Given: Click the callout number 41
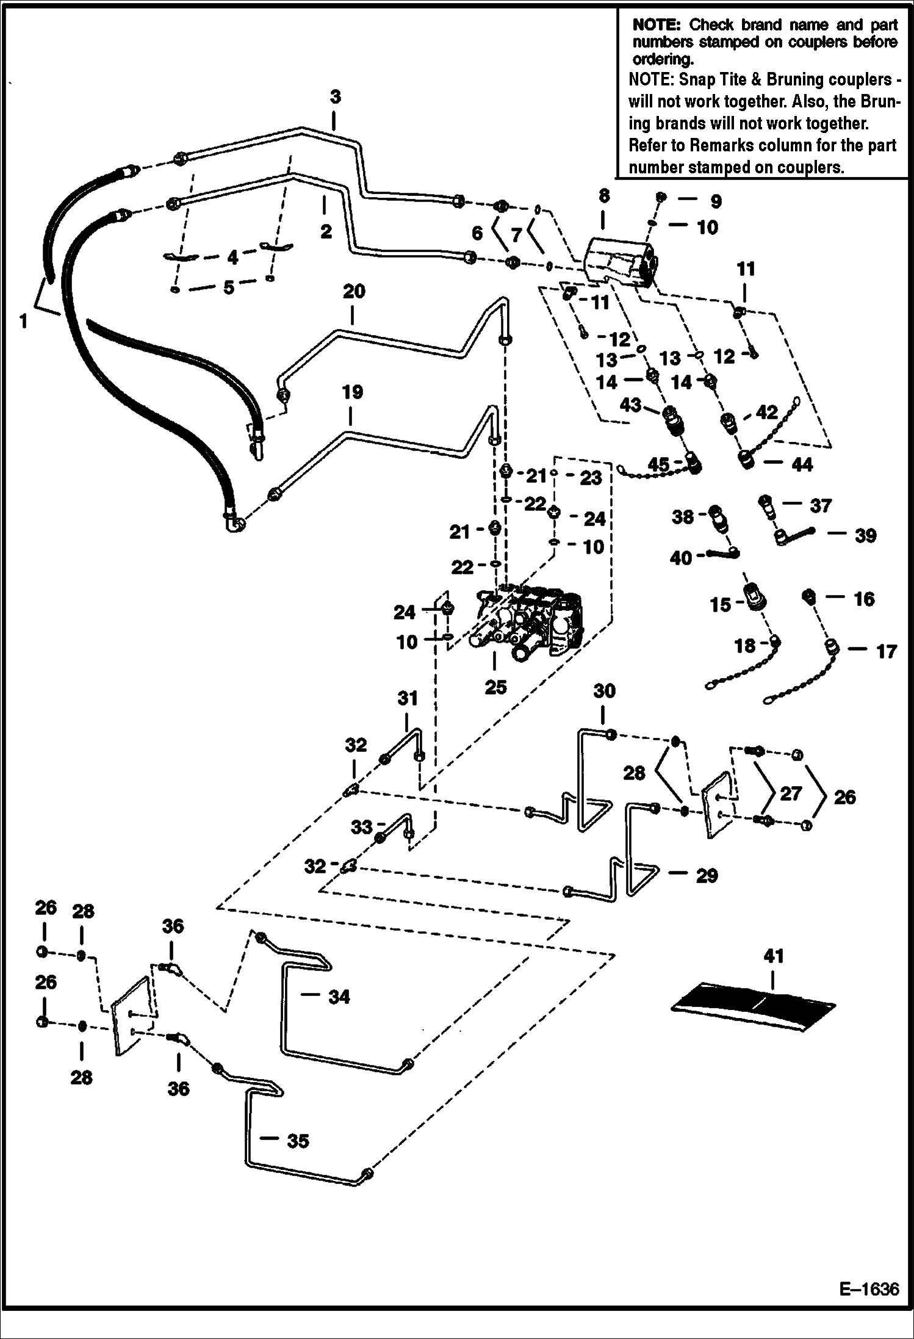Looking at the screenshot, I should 773,956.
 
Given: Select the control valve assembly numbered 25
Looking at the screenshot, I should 528,626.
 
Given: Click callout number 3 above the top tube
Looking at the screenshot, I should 335,97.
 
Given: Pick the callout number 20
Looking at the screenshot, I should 354,291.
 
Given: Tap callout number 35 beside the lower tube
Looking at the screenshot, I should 298,1141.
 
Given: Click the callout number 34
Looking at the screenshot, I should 339,997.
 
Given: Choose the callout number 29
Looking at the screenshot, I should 707,875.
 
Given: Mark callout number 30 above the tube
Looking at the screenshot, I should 604,691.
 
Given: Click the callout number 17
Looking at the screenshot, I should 886,651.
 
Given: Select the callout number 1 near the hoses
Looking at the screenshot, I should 24,321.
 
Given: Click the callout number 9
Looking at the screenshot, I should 715,201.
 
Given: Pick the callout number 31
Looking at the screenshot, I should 408,698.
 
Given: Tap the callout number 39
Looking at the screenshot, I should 865,535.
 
